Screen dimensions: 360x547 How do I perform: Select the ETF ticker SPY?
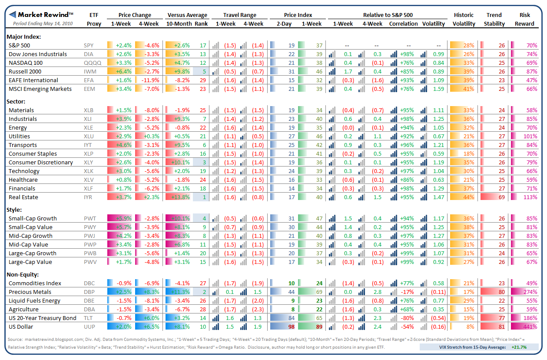tap(89, 45)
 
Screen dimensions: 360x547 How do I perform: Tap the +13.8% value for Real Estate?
tap(182, 197)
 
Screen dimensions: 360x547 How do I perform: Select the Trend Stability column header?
tap(494, 19)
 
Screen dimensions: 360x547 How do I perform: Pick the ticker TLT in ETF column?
tap(88, 318)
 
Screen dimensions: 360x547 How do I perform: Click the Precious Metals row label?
tap(30, 292)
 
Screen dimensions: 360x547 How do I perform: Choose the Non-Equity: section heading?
tap(23, 274)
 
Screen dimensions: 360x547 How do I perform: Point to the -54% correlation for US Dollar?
tap(407, 327)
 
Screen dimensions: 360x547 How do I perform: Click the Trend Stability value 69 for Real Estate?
tap(501, 197)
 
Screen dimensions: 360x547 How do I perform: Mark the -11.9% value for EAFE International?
tap(151, 80)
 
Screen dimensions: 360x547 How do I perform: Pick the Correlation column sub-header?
tap(404, 23)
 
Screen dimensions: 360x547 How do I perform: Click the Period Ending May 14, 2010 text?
tap(43, 23)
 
